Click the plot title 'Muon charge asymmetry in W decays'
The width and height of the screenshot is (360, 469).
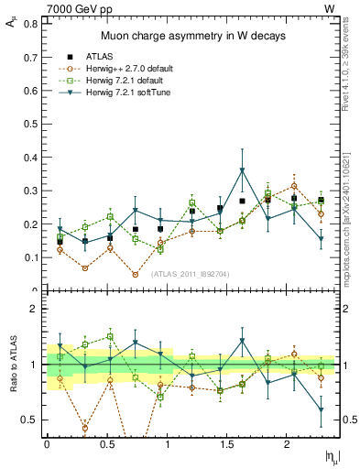point(192,36)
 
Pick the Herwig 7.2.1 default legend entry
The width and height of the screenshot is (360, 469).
point(136,81)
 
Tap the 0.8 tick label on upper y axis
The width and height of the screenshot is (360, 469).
point(29,20)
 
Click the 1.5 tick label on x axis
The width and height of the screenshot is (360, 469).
point(227,443)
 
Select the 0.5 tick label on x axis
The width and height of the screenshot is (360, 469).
point(106,443)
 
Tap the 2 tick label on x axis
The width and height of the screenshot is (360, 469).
point(288,443)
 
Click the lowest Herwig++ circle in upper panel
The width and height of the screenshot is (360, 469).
point(136,274)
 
